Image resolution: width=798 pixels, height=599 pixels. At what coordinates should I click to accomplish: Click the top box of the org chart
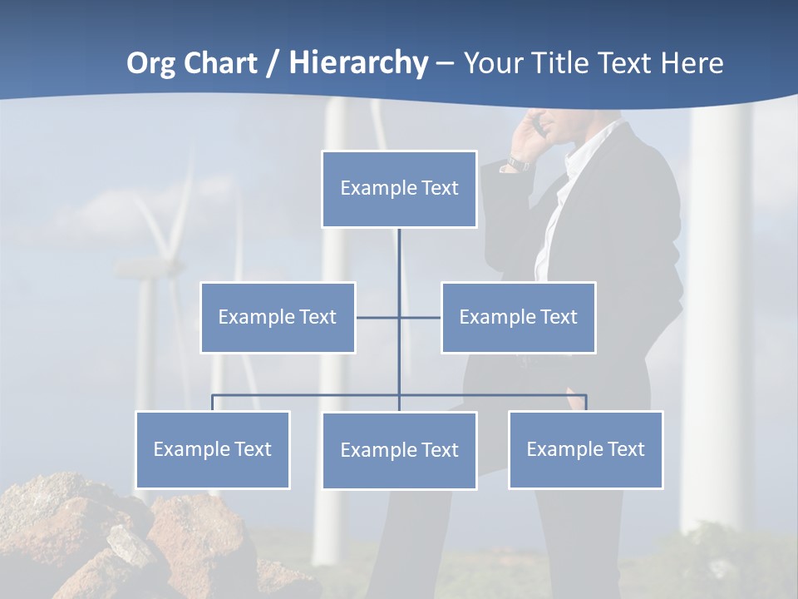(399, 189)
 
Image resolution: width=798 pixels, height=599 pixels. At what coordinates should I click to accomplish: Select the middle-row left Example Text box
(278, 317)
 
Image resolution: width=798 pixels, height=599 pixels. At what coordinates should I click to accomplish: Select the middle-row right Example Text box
(518, 317)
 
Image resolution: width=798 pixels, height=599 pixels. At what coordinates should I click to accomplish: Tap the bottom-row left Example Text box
(212, 449)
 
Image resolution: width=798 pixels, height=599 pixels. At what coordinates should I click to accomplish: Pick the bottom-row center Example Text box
(399, 450)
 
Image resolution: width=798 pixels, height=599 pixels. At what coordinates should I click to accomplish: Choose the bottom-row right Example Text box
(585, 449)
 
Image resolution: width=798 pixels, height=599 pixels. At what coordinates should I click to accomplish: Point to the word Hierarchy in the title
(358, 63)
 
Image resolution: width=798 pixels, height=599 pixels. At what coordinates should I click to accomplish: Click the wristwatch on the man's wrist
(518, 163)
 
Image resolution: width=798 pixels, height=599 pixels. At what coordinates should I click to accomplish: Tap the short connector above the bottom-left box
(213, 403)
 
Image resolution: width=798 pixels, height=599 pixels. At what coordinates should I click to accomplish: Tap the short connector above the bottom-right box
(586, 403)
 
